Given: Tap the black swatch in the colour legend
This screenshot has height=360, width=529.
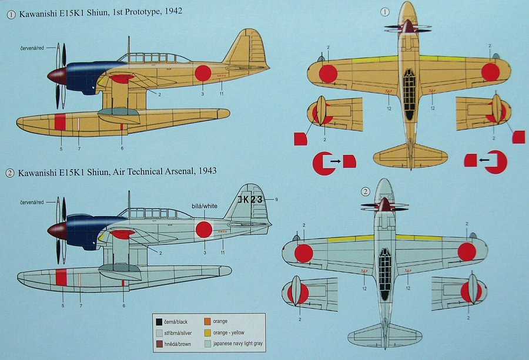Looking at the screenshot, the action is pyautogui.click(x=159, y=321).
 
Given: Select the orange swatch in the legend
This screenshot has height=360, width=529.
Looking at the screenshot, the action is pyautogui.click(x=207, y=321).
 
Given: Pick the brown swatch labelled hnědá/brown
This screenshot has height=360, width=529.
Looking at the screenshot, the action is pyautogui.click(x=159, y=344).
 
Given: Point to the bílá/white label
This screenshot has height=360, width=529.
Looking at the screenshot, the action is pyautogui.click(x=204, y=206).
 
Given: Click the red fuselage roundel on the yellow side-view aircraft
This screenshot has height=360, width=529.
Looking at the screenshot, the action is pyautogui.click(x=202, y=73).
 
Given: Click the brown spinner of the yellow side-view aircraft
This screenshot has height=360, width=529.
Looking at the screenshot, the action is pyautogui.click(x=56, y=76).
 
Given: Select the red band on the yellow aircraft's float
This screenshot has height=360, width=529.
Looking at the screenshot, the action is pyautogui.click(x=59, y=122).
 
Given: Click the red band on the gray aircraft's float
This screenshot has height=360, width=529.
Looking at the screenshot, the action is pyautogui.click(x=61, y=277).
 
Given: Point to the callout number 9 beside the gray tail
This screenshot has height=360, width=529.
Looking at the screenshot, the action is pyautogui.click(x=276, y=200).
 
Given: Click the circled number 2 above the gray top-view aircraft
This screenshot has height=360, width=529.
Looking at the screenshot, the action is pyautogui.click(x=366, y=191).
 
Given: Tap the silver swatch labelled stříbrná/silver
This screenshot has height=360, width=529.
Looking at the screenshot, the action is pyautogui.click(x=159, y=332).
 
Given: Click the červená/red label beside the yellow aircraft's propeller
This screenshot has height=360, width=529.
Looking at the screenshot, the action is pyautogui.click(x=32, y=46).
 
